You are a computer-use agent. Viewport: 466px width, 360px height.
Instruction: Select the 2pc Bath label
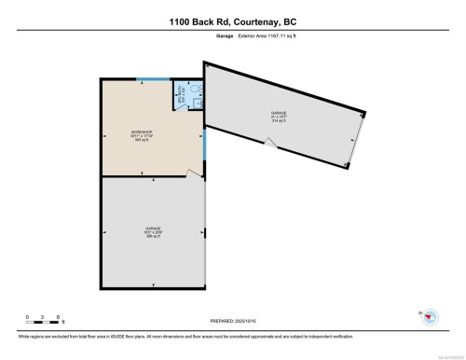[179, 95]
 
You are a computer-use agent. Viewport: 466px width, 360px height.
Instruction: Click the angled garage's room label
[279, 116]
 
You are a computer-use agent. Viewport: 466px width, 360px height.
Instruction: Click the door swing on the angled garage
[269, 144]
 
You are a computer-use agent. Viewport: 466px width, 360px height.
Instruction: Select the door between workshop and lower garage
[194, 172]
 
